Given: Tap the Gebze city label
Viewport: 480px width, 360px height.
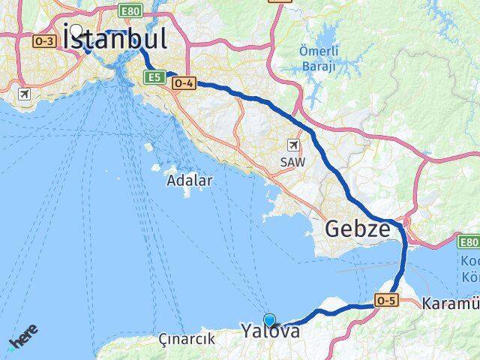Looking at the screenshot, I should click(357, 229).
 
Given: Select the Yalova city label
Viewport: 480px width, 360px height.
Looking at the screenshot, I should click(270, 331).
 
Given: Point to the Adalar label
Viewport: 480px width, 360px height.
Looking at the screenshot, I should click(190, 180).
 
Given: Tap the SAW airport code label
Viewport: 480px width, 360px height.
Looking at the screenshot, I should click(292, 161).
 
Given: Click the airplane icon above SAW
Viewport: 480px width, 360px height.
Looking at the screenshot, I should click(292, 144).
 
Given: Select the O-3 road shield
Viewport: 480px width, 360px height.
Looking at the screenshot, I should click(43, 40).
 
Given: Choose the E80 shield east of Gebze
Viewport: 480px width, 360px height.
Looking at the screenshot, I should click(469, 241).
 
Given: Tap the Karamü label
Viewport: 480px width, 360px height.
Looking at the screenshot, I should click(450, 304).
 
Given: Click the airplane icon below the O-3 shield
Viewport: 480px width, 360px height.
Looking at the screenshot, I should click(25, 94).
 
